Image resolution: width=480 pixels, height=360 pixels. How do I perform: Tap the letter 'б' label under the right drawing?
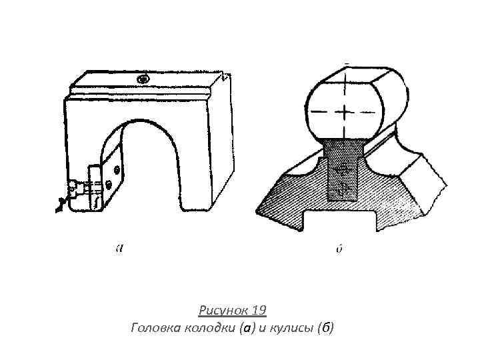339,249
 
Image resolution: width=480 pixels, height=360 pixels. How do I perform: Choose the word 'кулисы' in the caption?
289,327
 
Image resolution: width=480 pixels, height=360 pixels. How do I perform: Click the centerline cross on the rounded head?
343,109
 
